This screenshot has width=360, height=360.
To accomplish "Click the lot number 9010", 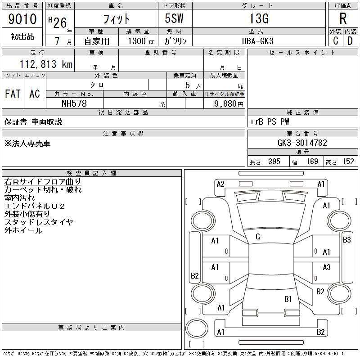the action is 22,18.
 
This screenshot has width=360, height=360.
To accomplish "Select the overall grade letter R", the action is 343,18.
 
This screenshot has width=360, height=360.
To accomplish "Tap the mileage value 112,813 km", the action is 46,64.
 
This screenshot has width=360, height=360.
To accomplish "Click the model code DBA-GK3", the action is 258,41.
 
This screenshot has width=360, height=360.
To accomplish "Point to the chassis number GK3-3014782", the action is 302,143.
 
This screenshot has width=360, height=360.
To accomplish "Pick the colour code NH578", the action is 74,103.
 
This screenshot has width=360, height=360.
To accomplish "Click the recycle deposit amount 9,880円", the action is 229,104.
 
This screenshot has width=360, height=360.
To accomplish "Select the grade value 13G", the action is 259,18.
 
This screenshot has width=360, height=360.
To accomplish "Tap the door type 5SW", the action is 174,18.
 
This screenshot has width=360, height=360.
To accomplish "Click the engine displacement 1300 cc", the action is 141,41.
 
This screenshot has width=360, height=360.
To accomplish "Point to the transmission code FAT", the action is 13,94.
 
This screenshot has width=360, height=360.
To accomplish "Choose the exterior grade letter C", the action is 336,41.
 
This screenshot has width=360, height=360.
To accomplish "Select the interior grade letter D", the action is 350,41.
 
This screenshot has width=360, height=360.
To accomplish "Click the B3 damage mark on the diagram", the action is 346,240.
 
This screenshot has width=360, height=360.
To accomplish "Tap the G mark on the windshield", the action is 258,237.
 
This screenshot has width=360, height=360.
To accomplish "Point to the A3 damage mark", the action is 327,267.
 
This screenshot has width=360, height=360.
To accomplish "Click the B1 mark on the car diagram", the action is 288,299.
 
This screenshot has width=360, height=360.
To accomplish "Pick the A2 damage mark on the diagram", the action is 220,184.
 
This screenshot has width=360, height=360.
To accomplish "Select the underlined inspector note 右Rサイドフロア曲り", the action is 43,182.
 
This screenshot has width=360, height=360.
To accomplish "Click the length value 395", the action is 274,162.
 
